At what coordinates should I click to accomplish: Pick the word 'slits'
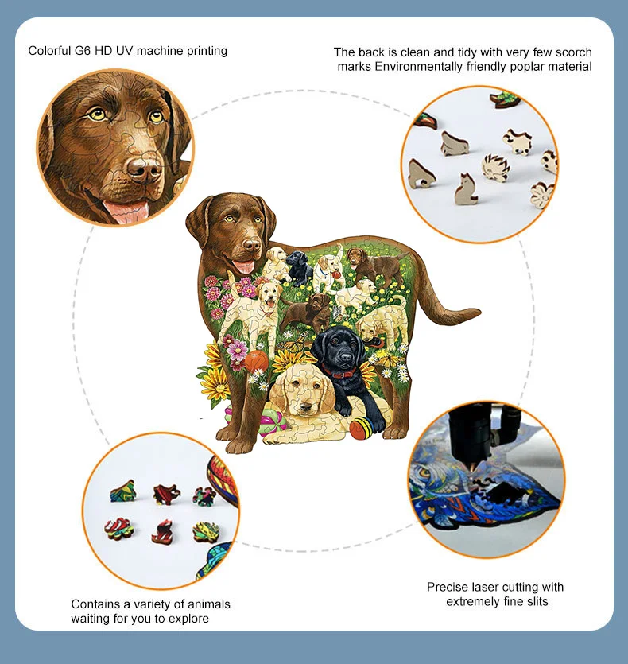[533, 601]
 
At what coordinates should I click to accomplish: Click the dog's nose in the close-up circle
[143, 169]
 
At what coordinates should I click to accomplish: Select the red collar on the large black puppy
[341, 371]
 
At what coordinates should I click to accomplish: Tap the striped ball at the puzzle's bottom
[359, 428]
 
